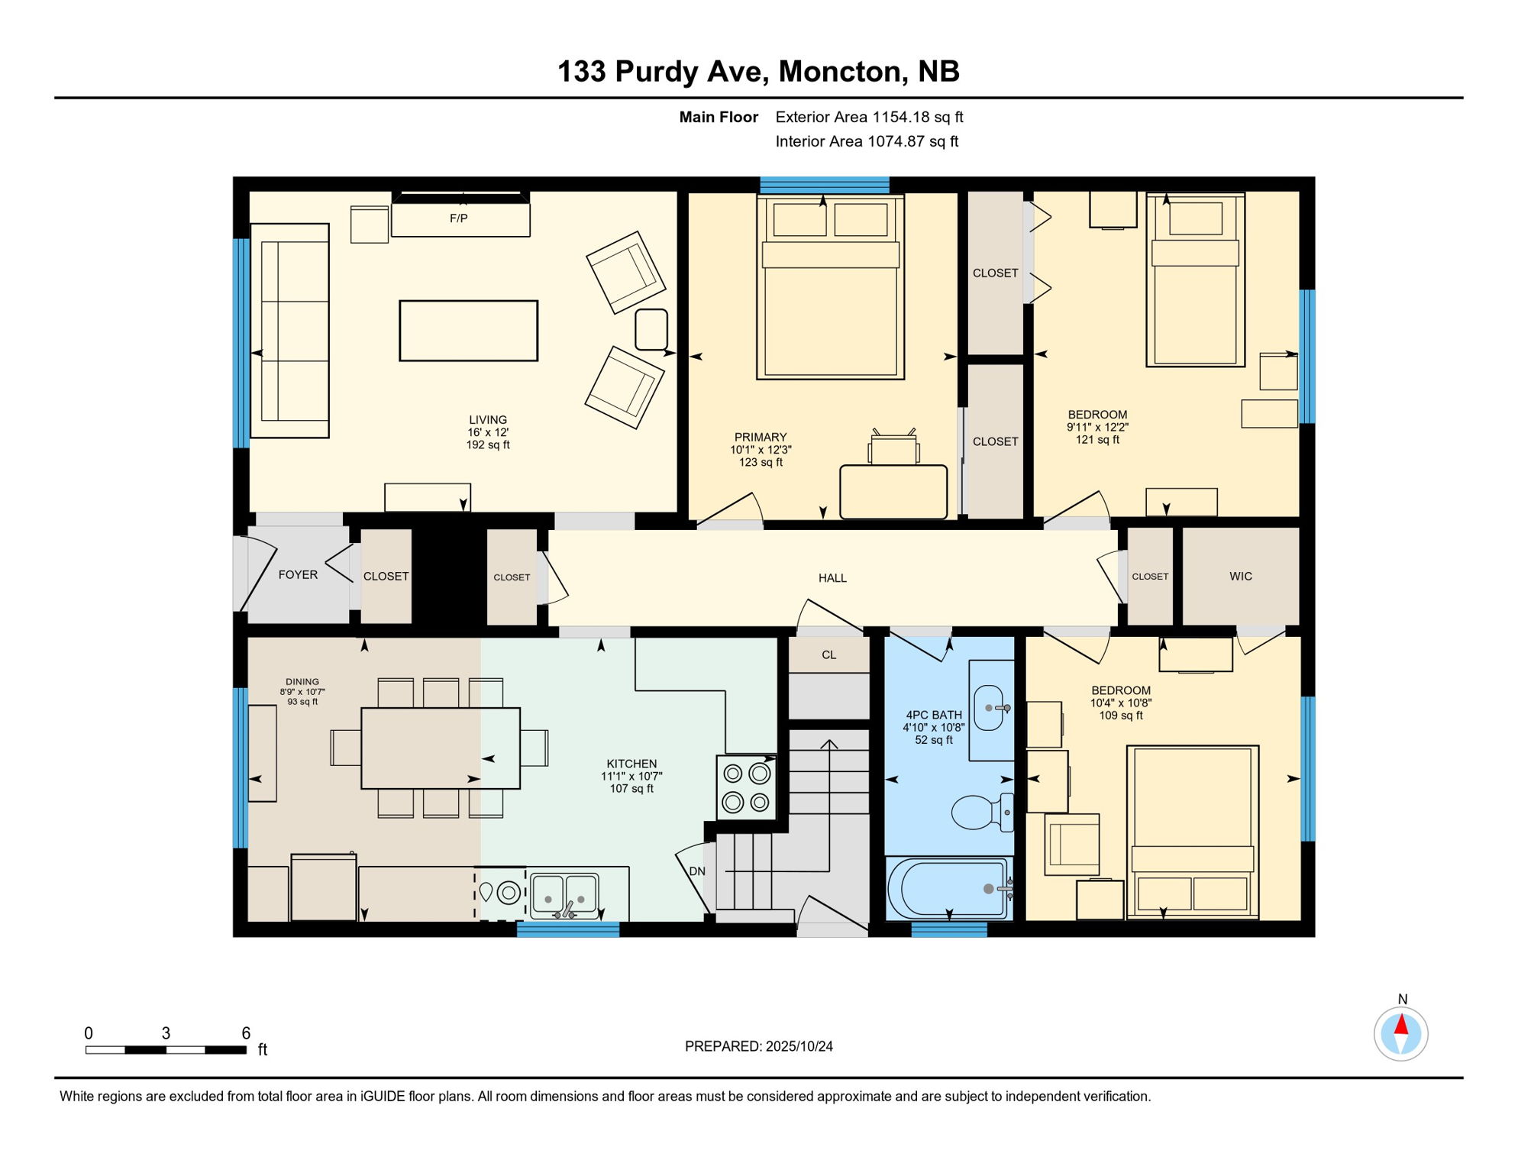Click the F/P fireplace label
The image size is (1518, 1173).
pyautogui.click(x=458, y=218)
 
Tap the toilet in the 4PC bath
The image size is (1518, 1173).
pyautogui.click(x=981, y=812)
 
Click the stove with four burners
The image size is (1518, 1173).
pyautogui.click(x=746, y=787)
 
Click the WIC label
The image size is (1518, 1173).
pyautogui.click(x=1240, y=577)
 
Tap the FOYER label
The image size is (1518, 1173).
pyautogui.click(x=298, y=575)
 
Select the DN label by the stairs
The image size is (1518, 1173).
pyautogui.click(x=697, y=871)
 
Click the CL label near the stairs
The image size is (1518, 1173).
pyautogui.click(x=828, y=655)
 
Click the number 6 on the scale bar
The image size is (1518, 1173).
pyautogui.click(x=246, y=1033)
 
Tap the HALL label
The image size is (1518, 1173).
pyautogui.click(x=832, y=578)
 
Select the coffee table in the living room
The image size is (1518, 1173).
pyautogui.click(x=468, y=331)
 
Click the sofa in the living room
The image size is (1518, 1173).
pyautogui.click(x=289, y=331)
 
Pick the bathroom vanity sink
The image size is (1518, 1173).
pyautogui.click(x=990, y=708)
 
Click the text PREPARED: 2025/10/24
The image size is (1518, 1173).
pyautogui.click(x=758, y=1046)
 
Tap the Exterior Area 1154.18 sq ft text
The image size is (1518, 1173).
pyautogui.click(x=869, y=117)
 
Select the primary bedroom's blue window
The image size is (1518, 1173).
pyautogui.click(x=824, y=185)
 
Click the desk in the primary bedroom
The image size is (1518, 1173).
pyautogui.click(x=893, y=491)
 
